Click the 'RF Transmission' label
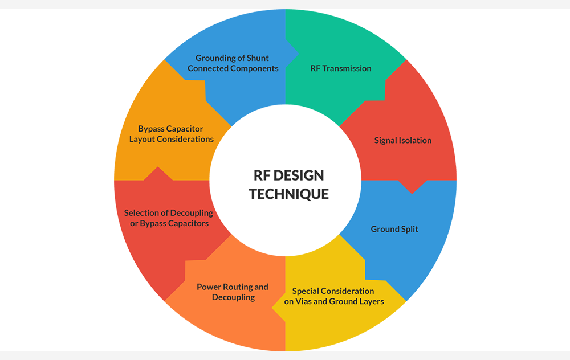tap(340, 68)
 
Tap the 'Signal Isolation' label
tap(403, 140)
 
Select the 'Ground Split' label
tap(394, 229)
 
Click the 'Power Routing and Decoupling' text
tap(233, 292)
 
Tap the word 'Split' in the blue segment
tap(409, 229)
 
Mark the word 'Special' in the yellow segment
tap(307, 291)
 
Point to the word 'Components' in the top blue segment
tap(254, 68)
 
